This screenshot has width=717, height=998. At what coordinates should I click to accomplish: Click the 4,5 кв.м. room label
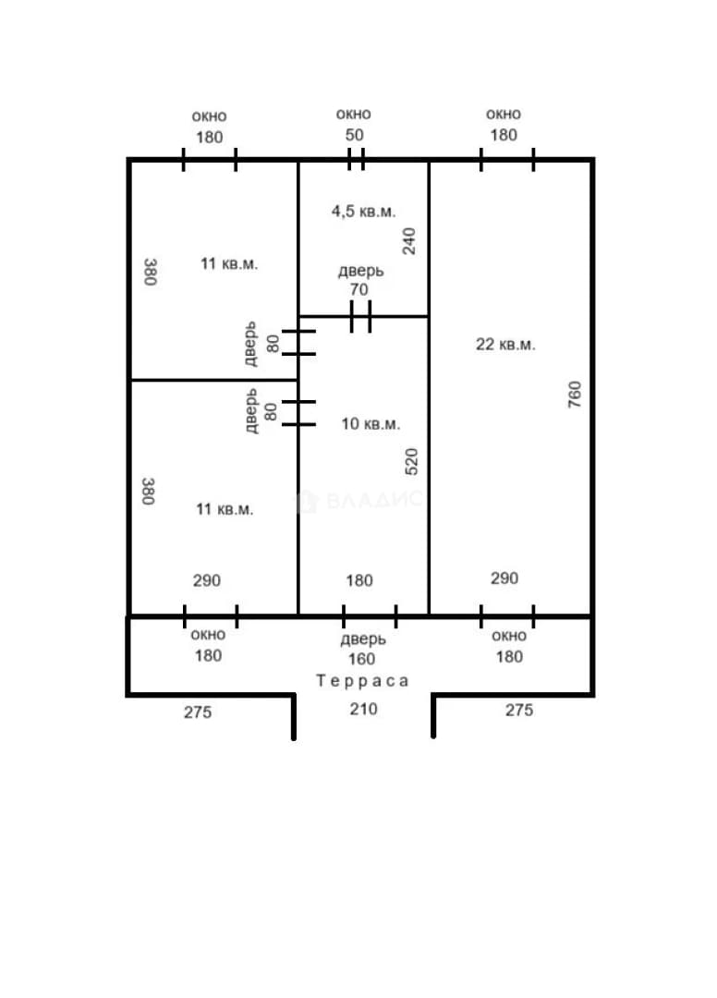coord(363,212)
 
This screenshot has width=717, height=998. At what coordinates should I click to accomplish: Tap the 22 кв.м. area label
coord(505,345)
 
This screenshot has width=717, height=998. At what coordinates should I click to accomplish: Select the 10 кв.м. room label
coord(371,424)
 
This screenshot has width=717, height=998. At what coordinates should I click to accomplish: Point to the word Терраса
coord(362,681)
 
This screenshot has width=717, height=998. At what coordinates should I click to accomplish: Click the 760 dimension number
coord(575,394)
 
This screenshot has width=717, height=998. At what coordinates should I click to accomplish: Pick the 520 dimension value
coord(411,461)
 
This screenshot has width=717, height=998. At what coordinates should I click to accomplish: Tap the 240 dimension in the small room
coord(409,241)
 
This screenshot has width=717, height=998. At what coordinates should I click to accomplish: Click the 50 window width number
coord(355,135)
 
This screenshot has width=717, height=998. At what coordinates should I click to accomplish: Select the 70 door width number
coord(358,289)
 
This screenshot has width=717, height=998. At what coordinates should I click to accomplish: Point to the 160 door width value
coord(361,659)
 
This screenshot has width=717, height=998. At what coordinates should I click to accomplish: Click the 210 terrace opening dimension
coord(363,709)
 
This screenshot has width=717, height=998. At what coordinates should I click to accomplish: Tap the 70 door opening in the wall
coord(360,316)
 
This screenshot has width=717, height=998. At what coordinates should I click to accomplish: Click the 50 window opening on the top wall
coord(357,159)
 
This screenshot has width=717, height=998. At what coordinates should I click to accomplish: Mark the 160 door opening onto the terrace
coord(370,616)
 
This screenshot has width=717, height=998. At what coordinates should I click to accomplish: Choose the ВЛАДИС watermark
coord(360,501)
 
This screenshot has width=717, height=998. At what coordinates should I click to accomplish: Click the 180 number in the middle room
coord(359,580)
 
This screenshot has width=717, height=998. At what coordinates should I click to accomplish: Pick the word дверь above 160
coord(363,639)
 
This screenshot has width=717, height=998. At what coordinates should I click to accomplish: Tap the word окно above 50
coord(354,115)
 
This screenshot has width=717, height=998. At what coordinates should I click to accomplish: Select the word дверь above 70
coord(360,271)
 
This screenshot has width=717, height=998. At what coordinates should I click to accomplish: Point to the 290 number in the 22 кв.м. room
coord(504,578)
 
